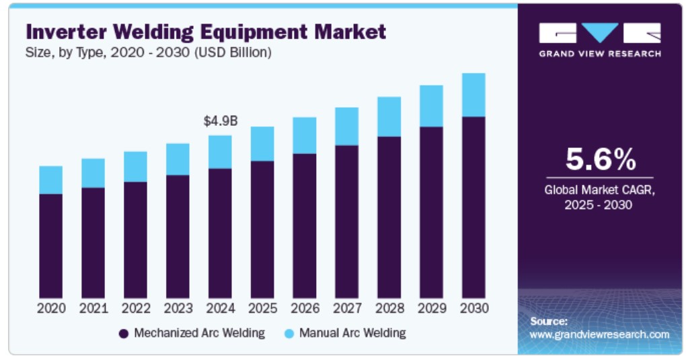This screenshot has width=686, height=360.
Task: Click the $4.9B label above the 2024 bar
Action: tap(221, 121)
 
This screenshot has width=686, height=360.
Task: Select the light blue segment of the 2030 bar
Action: tap(473, 95)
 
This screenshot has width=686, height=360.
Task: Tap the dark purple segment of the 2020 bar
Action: tap(51, 246)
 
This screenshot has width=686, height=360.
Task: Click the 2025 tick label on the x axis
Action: tap(263, 308)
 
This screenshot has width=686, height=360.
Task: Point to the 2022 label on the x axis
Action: tap(136, 308)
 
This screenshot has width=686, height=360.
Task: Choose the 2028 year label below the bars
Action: tap(389, 308)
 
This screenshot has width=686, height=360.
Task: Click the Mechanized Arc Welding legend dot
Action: tap(123, 333)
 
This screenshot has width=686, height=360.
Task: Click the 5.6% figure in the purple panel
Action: tap(600, 160)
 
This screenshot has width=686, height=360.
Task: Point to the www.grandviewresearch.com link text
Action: tap(599, 334)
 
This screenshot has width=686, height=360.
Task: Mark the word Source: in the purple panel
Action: tap(549, 321)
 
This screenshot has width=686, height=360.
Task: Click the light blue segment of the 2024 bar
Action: tap(221, 152)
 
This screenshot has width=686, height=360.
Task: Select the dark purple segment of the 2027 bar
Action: tap(347, 221)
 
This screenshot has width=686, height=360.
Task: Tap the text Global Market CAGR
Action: tap(599, 190)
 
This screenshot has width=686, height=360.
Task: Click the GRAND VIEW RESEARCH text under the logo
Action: tap(600, 54)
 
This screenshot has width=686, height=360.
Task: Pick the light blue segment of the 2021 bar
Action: tap(93, 173)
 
